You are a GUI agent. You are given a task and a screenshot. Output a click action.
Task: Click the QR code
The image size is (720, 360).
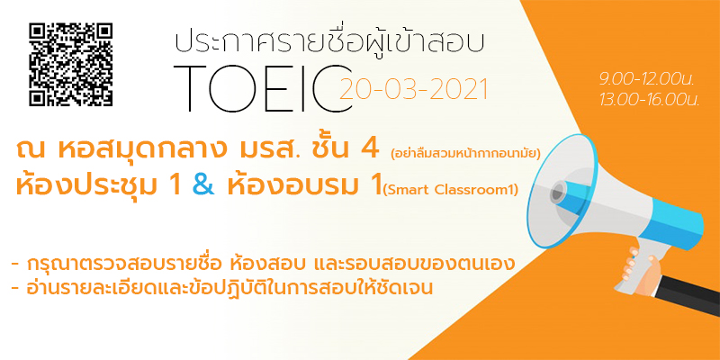pos(71,65)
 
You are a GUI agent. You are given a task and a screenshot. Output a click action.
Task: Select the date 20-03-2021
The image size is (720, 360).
pos(413,89)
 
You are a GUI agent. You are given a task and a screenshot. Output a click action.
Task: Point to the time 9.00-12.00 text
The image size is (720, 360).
pos(646,80)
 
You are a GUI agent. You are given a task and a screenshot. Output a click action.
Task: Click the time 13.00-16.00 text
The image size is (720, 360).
pos(649,100)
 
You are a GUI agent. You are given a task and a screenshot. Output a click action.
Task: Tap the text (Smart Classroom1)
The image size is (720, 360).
pos(451,189)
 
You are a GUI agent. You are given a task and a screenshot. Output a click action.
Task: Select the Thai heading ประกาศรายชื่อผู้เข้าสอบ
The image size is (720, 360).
pos(329,41)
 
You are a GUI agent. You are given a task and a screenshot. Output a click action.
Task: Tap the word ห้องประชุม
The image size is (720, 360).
pos(86,186)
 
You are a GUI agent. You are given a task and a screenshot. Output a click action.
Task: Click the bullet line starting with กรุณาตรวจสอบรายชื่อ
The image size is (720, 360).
pos(263,265)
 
